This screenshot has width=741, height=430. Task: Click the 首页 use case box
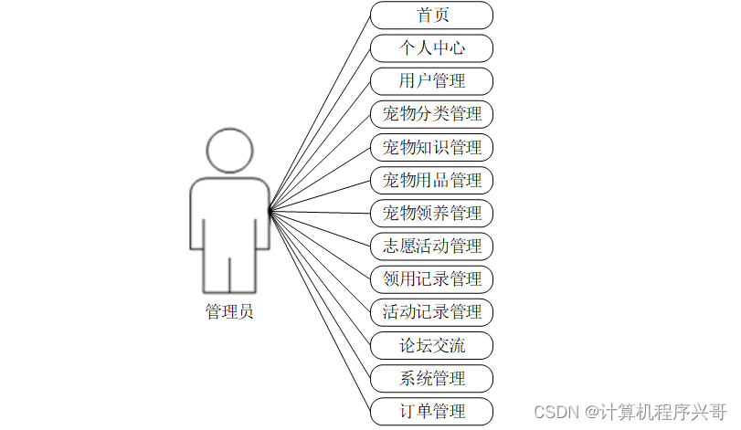[431, 16]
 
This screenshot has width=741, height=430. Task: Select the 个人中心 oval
[431, 48]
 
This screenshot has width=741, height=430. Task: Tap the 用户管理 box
[431, 81]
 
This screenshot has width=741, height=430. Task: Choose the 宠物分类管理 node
[431, 114]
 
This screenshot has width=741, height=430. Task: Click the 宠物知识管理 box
[431, 147]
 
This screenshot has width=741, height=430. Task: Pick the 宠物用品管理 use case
[431, 180]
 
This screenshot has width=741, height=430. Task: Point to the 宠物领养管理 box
[431, 213]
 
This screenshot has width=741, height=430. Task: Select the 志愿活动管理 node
[431, 246]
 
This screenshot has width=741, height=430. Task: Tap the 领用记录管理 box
[431, 278]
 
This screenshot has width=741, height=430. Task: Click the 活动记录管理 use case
[431, 311]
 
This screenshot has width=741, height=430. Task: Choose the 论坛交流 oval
[431, 345]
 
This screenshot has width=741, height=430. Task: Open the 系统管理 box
[431, 378]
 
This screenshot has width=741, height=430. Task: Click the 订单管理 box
[431, 411]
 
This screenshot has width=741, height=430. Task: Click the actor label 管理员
[229, 312]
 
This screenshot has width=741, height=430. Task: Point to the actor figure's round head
[229, 151]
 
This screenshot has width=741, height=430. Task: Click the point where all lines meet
[270, 211]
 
